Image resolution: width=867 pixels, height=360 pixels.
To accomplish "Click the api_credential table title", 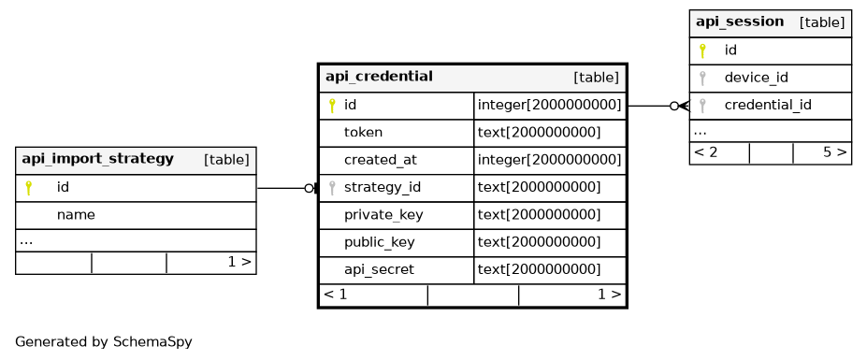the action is tap(379, 77).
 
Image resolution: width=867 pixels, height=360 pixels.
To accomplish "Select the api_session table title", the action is tap(739, 22).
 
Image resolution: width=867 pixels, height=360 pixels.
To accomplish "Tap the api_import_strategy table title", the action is tap(97, 159).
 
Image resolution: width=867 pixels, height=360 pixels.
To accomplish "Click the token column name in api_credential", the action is tap(363, 132).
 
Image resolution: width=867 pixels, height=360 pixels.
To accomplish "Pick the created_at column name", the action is tap(381, 160).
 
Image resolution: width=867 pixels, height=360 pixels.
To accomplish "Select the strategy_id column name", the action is tap(383, 187).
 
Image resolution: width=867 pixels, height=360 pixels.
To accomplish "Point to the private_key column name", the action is tap(383, 214).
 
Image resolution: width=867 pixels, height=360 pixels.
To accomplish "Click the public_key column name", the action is tap(380, 242).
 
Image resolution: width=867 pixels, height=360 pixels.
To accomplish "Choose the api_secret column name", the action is tap(379, 270).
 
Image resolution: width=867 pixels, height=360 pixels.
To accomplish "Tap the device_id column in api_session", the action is tap(756, 78).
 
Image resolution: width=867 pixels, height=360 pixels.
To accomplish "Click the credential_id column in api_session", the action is tap(768, 105).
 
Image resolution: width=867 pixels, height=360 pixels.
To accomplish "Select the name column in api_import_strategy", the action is tap(75, 214).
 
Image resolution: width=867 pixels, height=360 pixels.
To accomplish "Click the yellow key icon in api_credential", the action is tap(332, 105).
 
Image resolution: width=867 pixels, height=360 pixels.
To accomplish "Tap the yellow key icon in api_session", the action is tap(702, 50).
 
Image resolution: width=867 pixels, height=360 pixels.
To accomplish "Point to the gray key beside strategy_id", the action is tap(332, 187).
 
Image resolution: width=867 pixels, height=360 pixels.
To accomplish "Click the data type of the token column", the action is tap(539, 132).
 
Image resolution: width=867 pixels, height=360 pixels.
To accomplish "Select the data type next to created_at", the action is tap(549, 160).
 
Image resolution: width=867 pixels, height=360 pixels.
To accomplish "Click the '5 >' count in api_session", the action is tap(835, 152).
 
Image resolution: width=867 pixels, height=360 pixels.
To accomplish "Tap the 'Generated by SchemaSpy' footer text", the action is tap(104, 341).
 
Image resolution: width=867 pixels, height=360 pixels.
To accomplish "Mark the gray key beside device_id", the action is tap(702, 78).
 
